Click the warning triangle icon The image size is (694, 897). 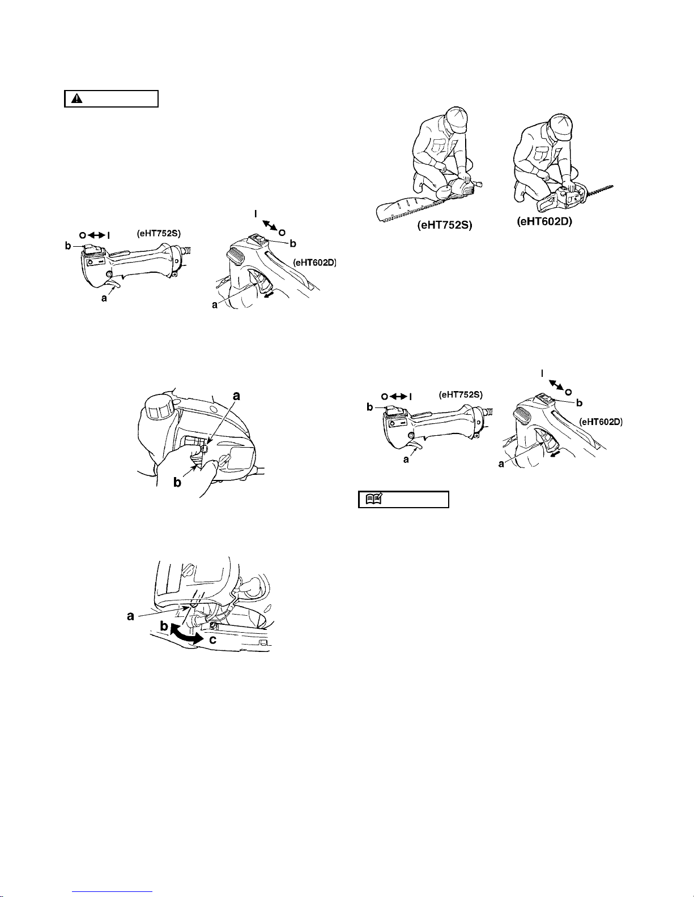[x=77, y=98]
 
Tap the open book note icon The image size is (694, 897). [x=374, y=499]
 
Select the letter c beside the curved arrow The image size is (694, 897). [x=213, y=640]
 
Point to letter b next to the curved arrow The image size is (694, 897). [x=164, y=626]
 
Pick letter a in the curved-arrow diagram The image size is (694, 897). [x=130, y=617]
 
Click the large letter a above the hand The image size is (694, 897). [x=236, y=396]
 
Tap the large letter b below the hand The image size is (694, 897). [x=177, y=482]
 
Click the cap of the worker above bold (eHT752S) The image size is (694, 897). [x=456, y=118]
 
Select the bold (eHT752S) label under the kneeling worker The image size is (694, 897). [x=445, y=225]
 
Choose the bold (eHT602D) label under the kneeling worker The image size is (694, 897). [x=544, y=222]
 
